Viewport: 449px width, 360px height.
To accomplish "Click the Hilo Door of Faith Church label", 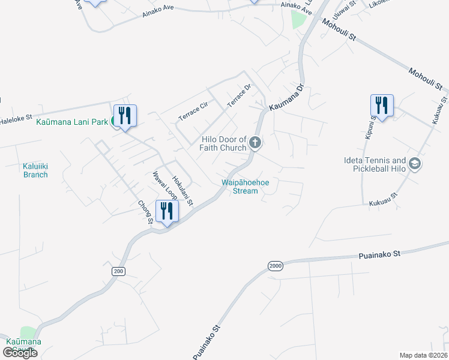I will [x=223, y=143].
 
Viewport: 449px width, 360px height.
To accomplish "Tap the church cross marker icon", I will [x=255, y=143].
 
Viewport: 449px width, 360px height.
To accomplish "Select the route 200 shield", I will [x=118, y=271].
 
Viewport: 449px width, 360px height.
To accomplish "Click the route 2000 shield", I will [x=276, y=266].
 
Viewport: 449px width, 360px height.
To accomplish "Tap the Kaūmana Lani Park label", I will [x=72, y=122].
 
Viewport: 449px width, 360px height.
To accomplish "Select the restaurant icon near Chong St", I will [x=167, y=211].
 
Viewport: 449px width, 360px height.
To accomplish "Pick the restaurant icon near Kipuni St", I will [x=382, y=105].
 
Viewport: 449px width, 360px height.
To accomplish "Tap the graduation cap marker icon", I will [x=414, y=163].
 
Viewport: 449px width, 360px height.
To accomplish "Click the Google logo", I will [x=20, y=353].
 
